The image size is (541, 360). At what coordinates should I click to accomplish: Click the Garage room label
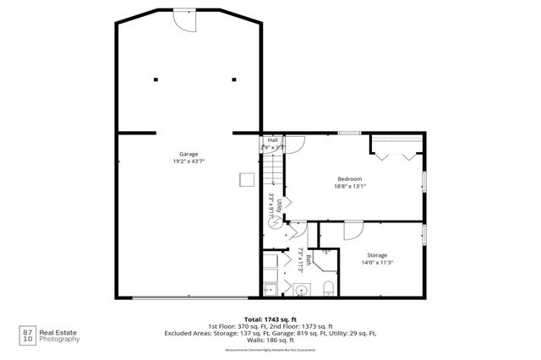(x=189, y=154)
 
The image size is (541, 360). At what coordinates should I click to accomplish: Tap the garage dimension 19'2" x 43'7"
(x=189, y=161)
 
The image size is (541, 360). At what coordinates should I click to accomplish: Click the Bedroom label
(x=350, y=178)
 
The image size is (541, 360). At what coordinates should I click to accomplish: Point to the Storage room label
(x=377, y=254)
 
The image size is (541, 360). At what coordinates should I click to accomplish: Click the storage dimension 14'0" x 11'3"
(x=377, y=261)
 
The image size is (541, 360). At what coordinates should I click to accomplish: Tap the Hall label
(x=272, y=140)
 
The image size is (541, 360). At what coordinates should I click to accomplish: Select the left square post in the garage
(x=156, y=80)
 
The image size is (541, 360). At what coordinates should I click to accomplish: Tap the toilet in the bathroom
(x=328, y=290)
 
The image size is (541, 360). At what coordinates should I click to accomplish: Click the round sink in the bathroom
(x=300, y=290)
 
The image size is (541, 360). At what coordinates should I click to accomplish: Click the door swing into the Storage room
(x=352, y=231)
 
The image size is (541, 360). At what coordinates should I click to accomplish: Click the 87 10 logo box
(x=29, y=335)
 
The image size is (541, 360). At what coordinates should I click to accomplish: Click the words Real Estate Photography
(x=63, y=335)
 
